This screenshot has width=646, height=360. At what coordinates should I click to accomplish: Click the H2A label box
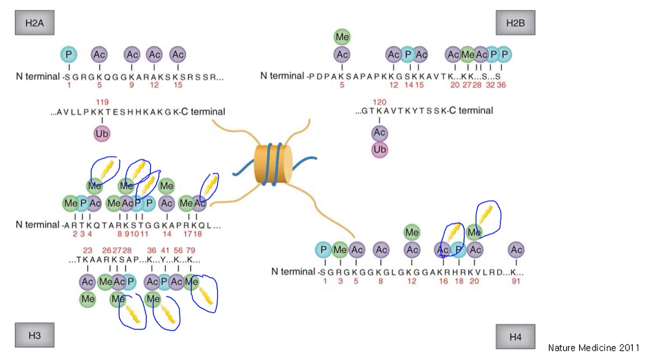pos(34,23)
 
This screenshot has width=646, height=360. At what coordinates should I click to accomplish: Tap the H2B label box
pos(515,22)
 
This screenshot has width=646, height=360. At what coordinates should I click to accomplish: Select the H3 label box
pos(34,335)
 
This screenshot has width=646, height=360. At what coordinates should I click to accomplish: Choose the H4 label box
pos(515,337)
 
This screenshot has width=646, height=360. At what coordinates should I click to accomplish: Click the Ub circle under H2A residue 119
pos(102,133)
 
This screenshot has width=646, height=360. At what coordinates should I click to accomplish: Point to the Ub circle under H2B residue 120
pos(380,149)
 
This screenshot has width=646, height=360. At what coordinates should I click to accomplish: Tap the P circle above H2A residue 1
pos(69,55)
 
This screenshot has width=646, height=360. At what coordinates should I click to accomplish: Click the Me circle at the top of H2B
pos(342,37)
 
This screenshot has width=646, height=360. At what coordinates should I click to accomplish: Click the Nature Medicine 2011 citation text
pos(593,348)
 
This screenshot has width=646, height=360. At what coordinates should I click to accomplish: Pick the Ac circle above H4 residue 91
pos(516,250)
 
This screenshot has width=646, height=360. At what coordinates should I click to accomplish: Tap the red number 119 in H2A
pos(102,102)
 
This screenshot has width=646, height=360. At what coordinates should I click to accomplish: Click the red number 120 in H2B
pos(380,102)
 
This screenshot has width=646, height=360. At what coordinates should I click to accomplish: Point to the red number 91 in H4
pos(516,281)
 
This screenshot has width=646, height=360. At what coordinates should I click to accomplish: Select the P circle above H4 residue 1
pos(323,250)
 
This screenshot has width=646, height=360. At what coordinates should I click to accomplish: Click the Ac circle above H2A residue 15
pos(178,55)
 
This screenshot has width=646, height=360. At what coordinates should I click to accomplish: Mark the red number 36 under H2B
pos(501,85)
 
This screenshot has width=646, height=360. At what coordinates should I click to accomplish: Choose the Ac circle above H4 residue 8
pos(381,250)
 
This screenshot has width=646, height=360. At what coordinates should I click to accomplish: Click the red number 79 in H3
pos(191,251)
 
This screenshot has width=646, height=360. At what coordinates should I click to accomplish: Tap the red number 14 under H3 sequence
pos(167,233)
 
